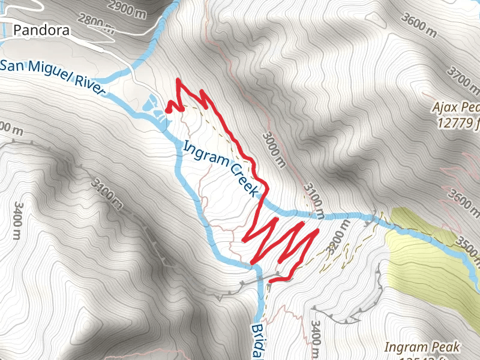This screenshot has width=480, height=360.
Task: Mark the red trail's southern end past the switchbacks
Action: (x=271, y=280)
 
